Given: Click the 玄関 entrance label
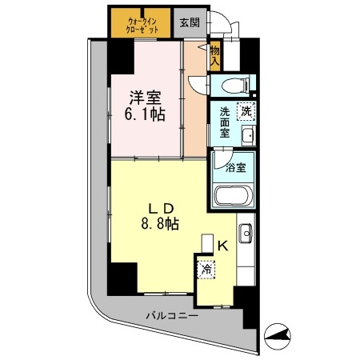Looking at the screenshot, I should point(190,22).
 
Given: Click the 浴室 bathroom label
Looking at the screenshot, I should point(235,168).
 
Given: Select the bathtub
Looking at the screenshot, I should point(234,195).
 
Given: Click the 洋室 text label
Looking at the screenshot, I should point(146,98).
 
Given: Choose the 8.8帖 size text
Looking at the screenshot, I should point(157,225).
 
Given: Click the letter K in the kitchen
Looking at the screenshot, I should point(224,247).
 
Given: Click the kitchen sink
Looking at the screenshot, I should point(246,234).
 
